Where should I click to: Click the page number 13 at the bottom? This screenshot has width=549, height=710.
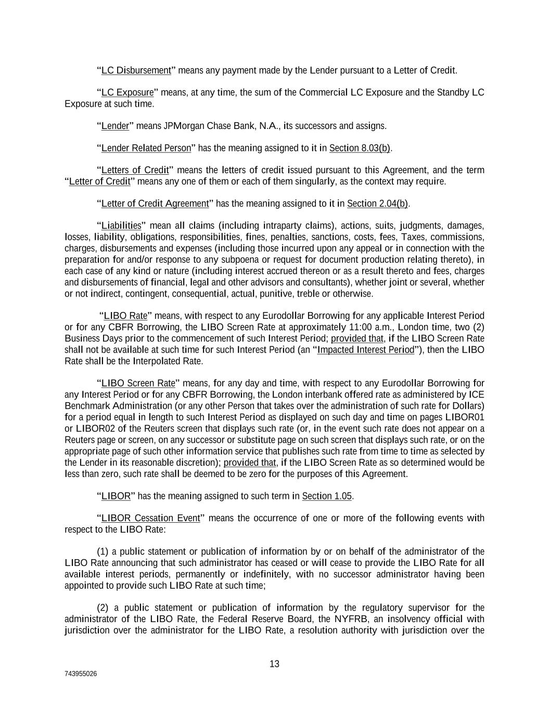(x=274, y=664)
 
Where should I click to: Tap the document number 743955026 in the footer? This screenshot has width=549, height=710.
(x=81, y=674)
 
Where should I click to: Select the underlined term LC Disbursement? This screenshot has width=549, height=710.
(x=136, y=70)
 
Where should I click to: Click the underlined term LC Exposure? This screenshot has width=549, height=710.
(x=127, y=93)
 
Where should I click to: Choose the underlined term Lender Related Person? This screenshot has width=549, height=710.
(x=146, y=148)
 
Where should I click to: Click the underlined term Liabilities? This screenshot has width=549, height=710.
(x=121, y=226)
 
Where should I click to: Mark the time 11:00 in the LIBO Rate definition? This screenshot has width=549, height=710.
(x=305, y=327)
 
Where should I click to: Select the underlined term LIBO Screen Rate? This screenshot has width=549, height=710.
(x=138, y=383)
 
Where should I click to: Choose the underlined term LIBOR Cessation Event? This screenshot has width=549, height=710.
(x=150, y=518)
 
